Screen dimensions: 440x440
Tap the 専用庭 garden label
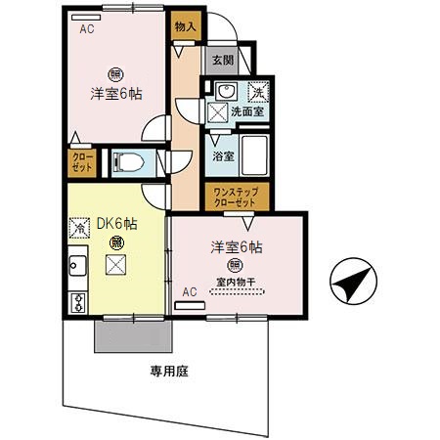[169, 371]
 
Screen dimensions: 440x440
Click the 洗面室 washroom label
[247, 112]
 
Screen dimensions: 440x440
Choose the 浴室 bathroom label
[223, 155]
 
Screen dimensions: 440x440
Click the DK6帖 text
[116, 223]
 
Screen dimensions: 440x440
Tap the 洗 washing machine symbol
[258, 91]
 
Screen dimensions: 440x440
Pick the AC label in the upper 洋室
[87, 28]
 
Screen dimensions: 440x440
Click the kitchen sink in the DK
[75, 264]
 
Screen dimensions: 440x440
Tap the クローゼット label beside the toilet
[80, 161]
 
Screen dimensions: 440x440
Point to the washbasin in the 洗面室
[224, 91]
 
